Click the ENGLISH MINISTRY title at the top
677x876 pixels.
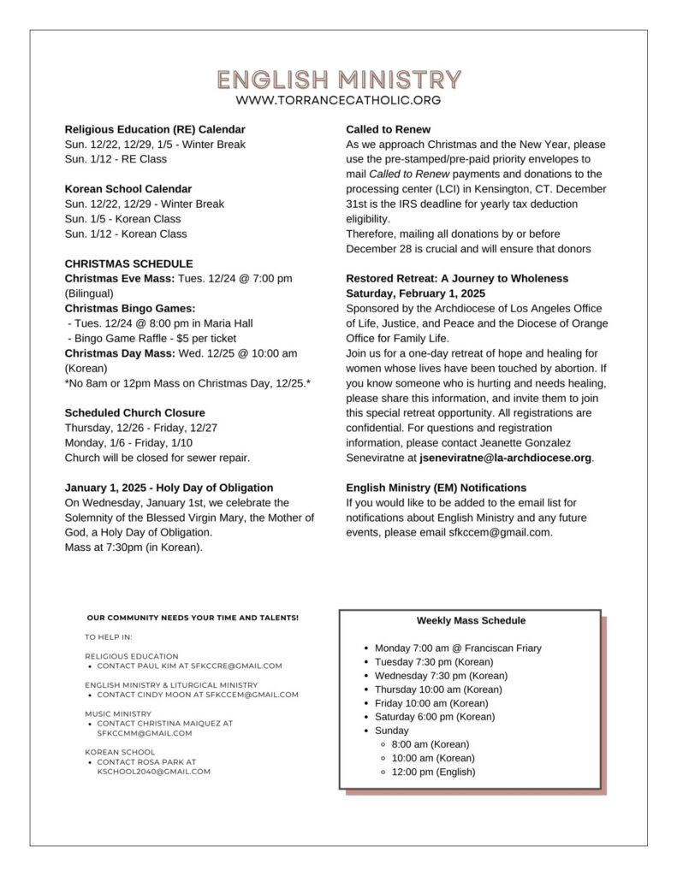(x=338, y=80)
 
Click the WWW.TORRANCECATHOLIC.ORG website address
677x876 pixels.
(x=338, y=100)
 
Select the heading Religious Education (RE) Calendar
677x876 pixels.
(x=155, y=129)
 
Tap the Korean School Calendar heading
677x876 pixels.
(x=128, y=189)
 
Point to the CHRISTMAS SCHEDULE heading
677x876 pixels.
(x=129, y=263)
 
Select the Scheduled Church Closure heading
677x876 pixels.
(x=135, y=412)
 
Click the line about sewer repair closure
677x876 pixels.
(x=157, y=458)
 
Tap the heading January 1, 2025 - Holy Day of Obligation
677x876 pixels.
(x=169, y=488)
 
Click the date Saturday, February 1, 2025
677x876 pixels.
(x=415, y=293)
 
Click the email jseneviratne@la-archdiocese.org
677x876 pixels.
(x=506, y=458)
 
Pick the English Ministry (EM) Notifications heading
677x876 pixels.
(x=436, y=488)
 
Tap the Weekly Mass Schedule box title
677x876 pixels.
(x=471, y=620)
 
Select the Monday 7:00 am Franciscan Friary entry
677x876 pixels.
(x=458, y=648)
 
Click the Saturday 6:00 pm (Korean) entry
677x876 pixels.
(x=435, y=717)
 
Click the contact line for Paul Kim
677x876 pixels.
(x=189, y=666)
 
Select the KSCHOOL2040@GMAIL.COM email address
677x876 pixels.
(x=154, y=772)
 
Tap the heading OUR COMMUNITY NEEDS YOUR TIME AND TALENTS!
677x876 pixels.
(x=193, y=618)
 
